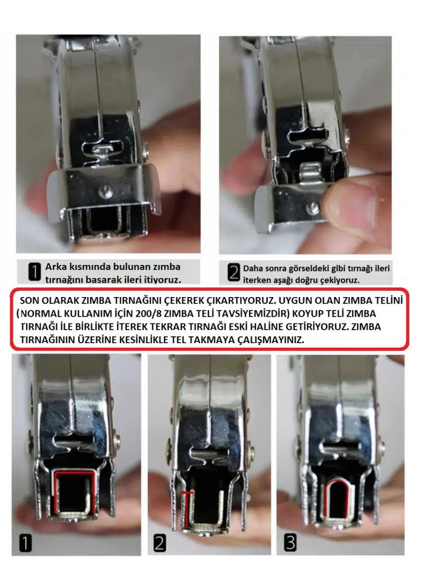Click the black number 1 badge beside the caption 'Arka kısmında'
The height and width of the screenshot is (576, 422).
pos(34,272)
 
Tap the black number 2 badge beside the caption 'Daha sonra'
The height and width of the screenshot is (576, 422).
pos(234,273)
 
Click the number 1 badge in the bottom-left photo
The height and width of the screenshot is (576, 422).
pos(25,543)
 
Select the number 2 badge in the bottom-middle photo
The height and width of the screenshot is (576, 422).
pos(159,543)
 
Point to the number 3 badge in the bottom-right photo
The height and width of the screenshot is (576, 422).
pos(290,542)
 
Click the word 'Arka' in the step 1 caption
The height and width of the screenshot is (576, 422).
pos(55,267)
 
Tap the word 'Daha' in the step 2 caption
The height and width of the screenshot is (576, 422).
pos(252,268)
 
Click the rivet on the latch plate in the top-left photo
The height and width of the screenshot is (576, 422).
pos(105,190)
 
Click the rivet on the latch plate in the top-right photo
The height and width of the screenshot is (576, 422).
pos(313,208)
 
